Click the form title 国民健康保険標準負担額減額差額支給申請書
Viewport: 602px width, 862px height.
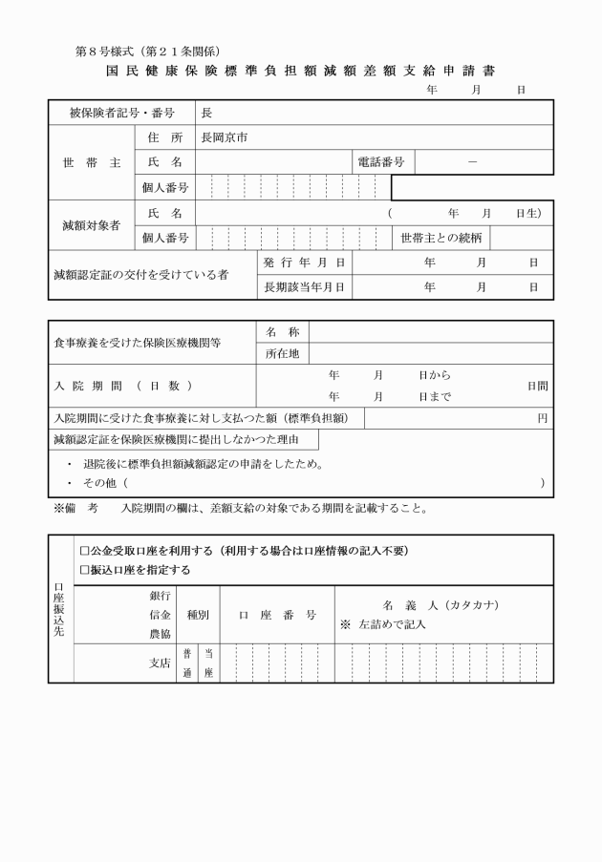(301, 71)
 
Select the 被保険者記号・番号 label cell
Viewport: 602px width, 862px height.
(121, 113)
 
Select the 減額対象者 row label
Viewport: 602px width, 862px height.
(92, 225)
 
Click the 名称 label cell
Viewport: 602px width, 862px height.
(282, 331)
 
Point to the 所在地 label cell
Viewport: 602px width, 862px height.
(282, 355)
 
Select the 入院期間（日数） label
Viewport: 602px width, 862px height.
(122, 385)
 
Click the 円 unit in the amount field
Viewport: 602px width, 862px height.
(542, 418)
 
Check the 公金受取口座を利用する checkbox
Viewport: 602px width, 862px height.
(84, 551)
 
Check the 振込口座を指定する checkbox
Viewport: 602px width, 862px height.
(84, 570)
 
